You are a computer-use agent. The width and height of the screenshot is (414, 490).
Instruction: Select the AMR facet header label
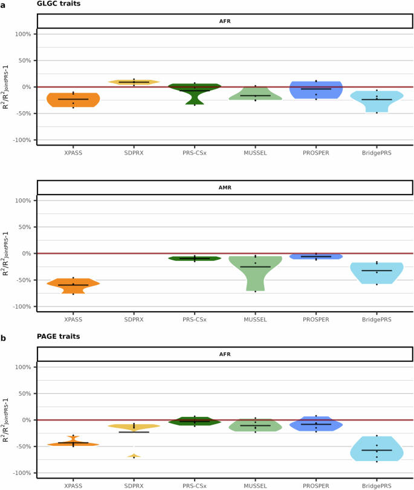tap(225, 187)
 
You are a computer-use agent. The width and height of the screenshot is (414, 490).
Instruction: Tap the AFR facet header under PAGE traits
tap(225, 354)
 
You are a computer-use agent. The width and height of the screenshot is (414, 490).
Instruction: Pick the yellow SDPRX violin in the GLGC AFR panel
tap(134, 82)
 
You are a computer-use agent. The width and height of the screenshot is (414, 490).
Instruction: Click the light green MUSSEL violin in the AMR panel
tap(255, 269)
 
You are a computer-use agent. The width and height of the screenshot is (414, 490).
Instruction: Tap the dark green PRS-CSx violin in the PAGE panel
tap(195, 421)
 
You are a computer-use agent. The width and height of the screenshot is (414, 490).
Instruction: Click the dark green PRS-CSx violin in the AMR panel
tap(195, 258)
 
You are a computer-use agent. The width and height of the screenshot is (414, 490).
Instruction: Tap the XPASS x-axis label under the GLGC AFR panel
tap(73, 153)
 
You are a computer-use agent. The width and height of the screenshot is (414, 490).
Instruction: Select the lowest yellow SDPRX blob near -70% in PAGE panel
tap(134, 456)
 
